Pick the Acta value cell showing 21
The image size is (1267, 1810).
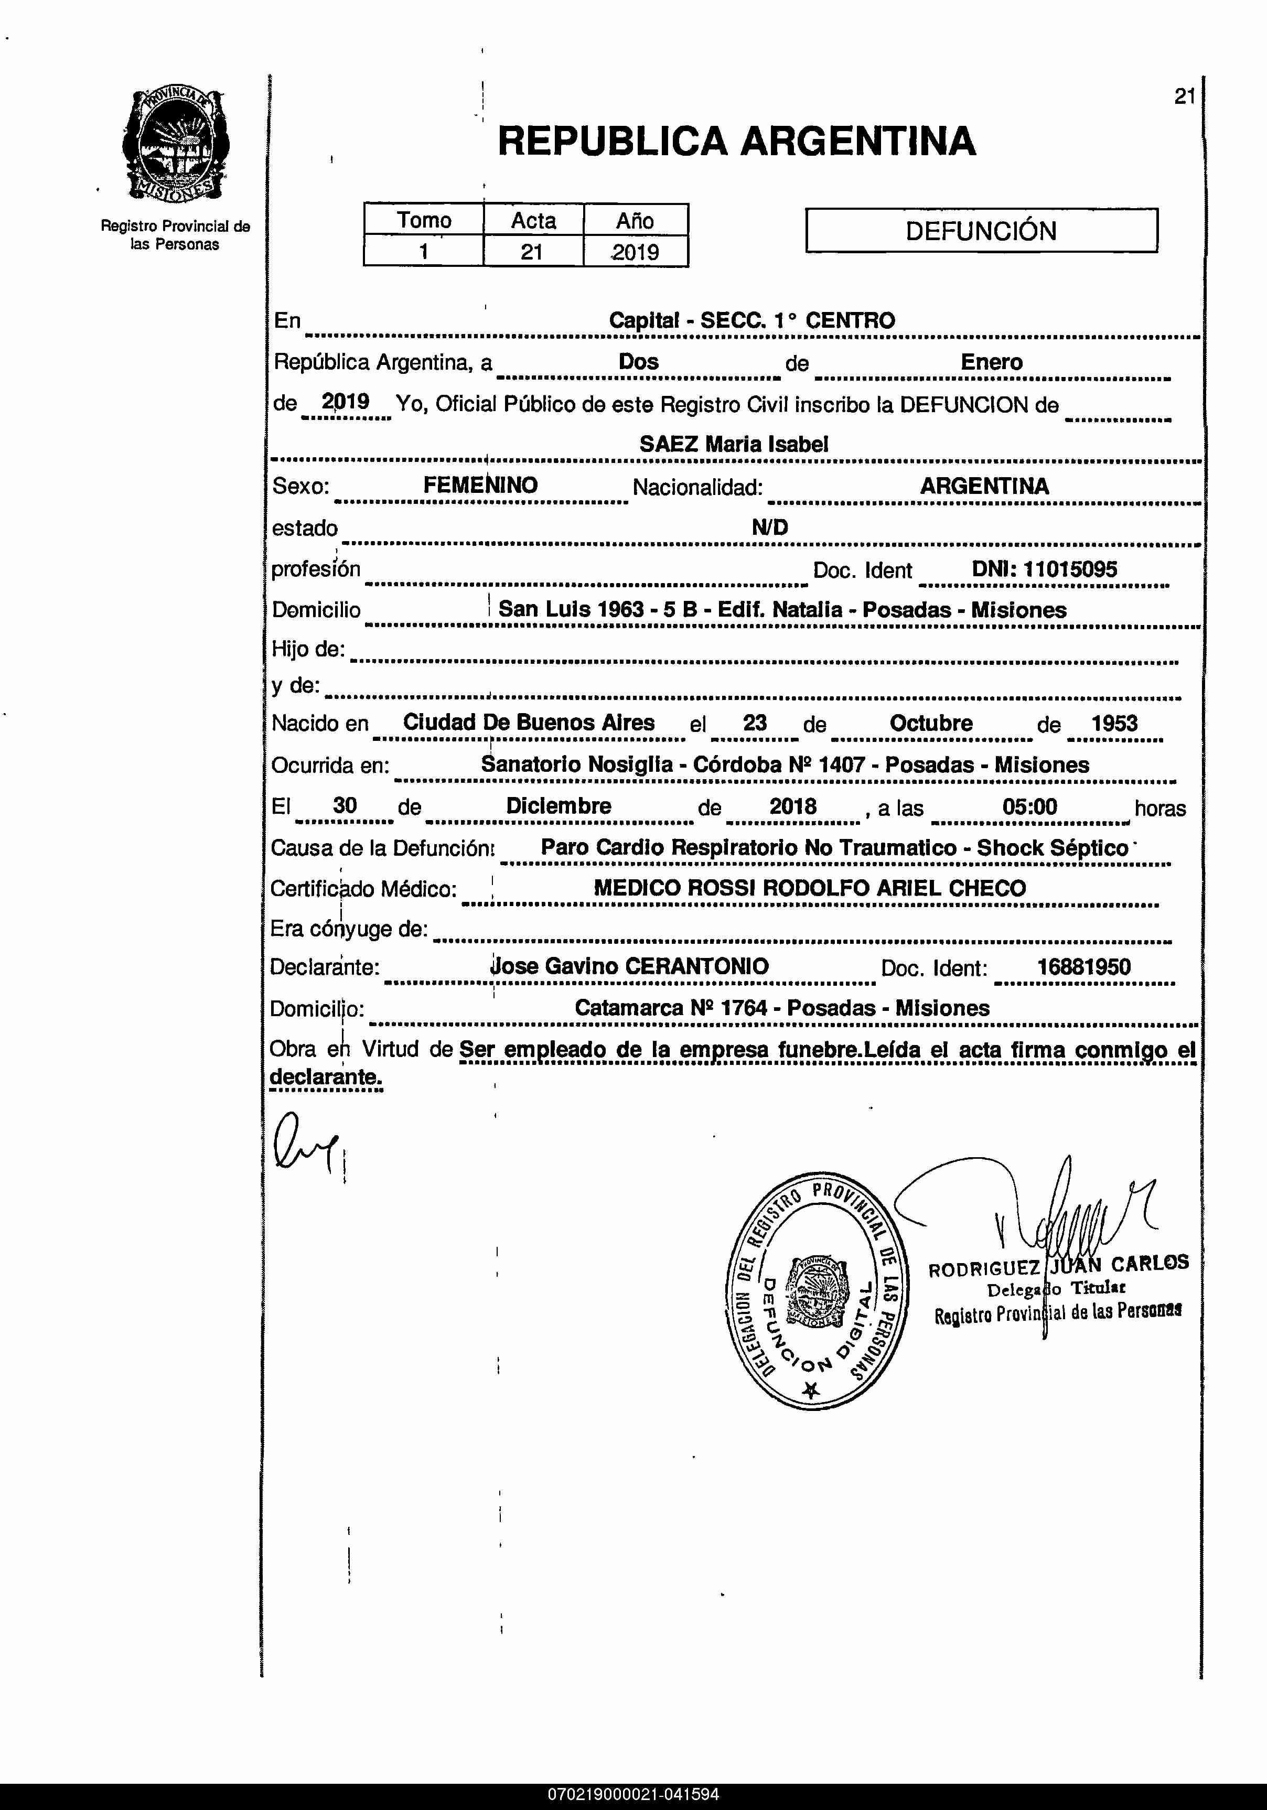point(532,252)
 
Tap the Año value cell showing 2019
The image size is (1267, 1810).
point(636,252)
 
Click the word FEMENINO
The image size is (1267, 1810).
point(480,486)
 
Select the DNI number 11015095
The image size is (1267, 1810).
point(1070,569)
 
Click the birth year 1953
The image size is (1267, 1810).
point(1114,723)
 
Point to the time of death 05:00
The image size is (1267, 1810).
point(1029,806)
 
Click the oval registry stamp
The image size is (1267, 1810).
point(815,1290)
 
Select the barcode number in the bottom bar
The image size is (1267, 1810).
point(633,1794)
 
